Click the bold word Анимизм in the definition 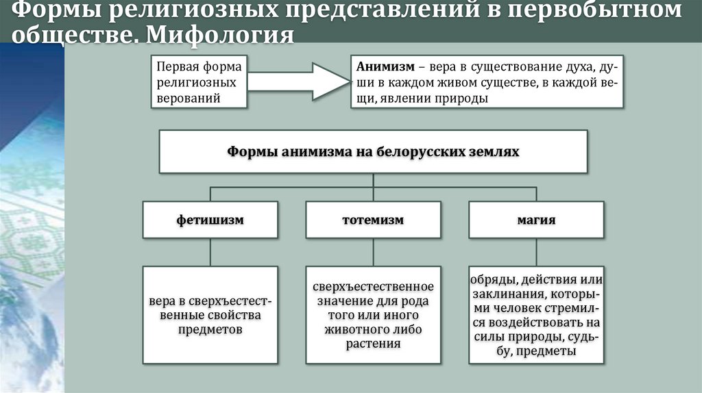(385, 68)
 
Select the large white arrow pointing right (298, 81)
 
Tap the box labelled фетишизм (210, 220)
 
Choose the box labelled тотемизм (373, 220)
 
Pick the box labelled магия (536, 220)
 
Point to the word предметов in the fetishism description (210, 330)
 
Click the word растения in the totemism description (373, 344)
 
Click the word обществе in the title (69, 34)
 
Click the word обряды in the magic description (493, 280)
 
